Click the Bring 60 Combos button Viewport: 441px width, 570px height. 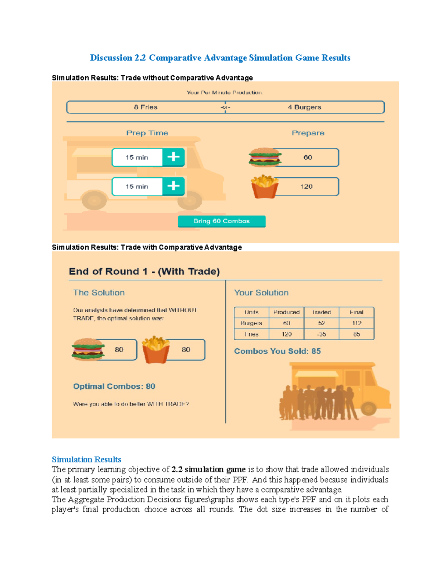(x=222, y=221)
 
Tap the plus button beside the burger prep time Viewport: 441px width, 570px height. (x=173, y=157)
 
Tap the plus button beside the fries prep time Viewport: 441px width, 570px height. (x=173, y=186)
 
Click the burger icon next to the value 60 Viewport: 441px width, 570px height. (x=265, y=157)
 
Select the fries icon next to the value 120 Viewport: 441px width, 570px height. (x=265, y=186)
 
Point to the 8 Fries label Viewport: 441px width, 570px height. (x=146, y=107)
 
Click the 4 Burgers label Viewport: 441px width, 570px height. (x=304, y=107)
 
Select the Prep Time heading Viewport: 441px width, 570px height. (x=147, y=133)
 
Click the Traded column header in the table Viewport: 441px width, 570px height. (x=322, y=312)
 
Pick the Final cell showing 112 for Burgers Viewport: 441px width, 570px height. (x=356, y=323)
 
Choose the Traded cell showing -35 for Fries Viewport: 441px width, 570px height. (x=322, y=334)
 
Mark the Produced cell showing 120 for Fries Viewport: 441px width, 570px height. (x=286, y=334)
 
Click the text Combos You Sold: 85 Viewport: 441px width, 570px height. (x=277, y=351)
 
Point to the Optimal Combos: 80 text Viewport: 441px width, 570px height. (x=114, y=386)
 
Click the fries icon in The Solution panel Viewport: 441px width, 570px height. (x=156, y=349)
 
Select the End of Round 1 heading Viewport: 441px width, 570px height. (x=144, y=272)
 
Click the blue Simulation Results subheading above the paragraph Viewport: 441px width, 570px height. (x=86, y=460)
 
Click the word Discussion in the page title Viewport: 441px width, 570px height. (x=111, y=58)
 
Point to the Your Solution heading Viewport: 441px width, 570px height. (x=261, y=293)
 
